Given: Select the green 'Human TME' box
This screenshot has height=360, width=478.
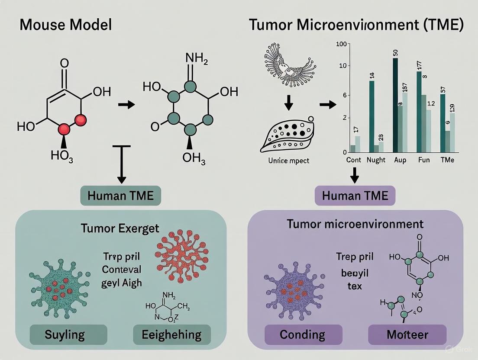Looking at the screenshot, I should [120, 196].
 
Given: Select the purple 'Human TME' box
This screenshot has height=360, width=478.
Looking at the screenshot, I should [355, 196].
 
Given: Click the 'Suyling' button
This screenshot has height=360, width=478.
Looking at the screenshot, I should [59, 334].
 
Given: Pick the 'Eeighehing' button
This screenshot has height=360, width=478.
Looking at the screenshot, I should [171, 334].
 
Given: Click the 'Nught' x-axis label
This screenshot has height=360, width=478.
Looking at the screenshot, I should [376, 160].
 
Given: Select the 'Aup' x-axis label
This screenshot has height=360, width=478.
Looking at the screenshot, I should [400, 160].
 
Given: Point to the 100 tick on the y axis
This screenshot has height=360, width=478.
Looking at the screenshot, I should [341, 45].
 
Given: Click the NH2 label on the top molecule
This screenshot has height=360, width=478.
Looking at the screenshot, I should [196, 59].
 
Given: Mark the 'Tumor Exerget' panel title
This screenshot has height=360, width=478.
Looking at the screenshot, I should [120, 228].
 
